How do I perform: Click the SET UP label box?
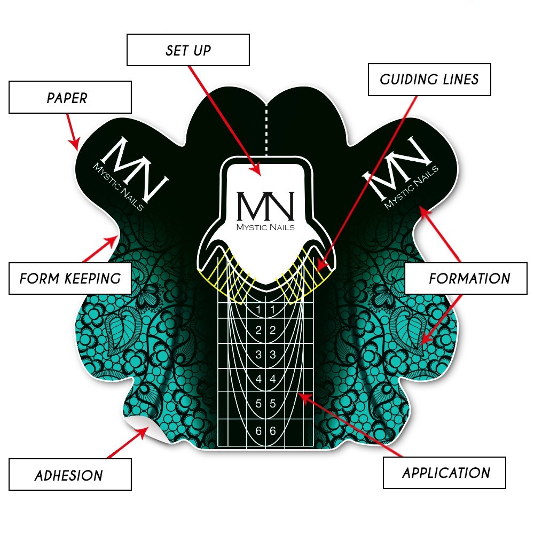(x=188, y=50)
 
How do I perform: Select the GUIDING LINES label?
(x=429, y=80)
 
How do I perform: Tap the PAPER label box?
(x=70, y=98)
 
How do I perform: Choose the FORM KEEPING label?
(x=70, y=278)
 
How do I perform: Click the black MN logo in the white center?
(x=265, y=205)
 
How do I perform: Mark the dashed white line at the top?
(x=266, y=128)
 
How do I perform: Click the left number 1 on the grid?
(x=258, y=310)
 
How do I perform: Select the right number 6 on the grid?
(x=272, y=430)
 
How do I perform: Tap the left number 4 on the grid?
(x=258, y=380)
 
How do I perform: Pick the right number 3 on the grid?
(x=272, y=355)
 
